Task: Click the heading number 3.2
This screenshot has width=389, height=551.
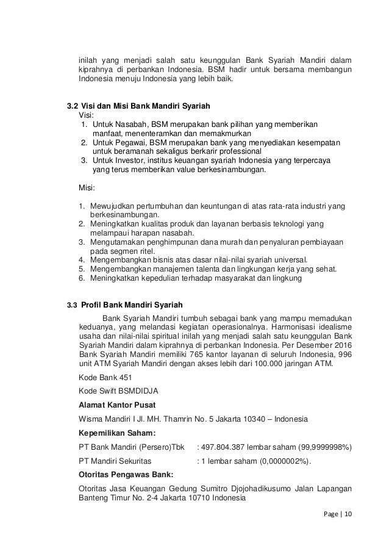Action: (x=72, y=105)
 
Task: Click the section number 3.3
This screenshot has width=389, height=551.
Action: (x=72, y=305)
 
